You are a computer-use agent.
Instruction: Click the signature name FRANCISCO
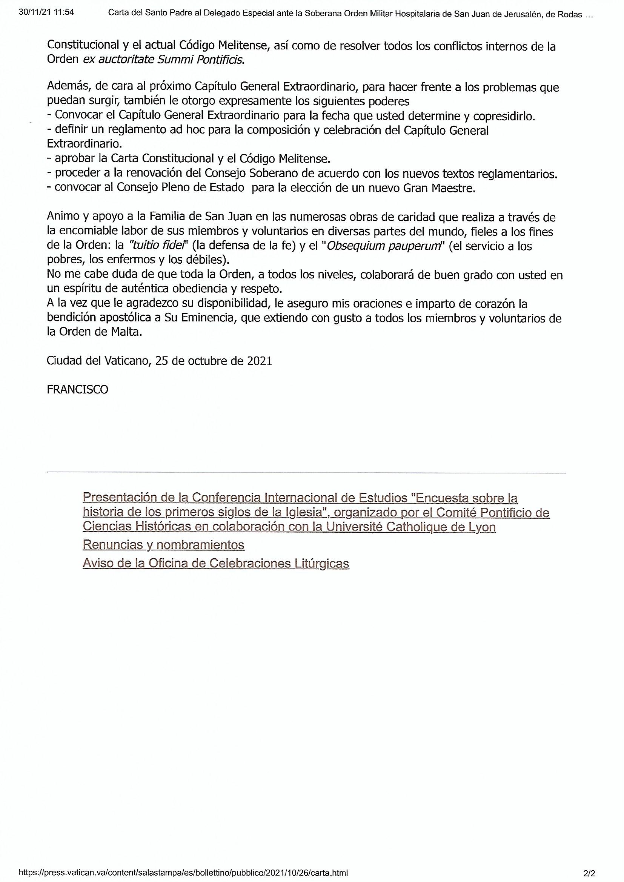[x=77, y=390]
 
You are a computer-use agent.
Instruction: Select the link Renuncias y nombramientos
[x=163, y=545]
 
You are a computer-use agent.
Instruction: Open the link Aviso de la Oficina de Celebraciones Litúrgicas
[x=215, y=564]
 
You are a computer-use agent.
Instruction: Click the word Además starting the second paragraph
[x=65, y=88]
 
